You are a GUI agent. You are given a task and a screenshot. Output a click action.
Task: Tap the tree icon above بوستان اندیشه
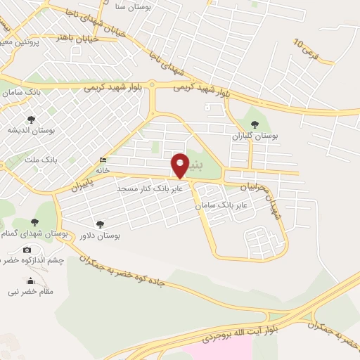point(30,120)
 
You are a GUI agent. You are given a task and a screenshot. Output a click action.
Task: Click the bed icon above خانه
point(104,159)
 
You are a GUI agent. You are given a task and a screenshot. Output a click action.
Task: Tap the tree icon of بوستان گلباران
point(255,124)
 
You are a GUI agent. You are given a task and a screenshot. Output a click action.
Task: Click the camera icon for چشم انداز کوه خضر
point(27,250)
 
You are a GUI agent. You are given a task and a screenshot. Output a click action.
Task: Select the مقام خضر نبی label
point(32,290)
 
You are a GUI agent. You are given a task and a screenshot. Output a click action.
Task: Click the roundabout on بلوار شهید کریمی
point(153,85)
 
